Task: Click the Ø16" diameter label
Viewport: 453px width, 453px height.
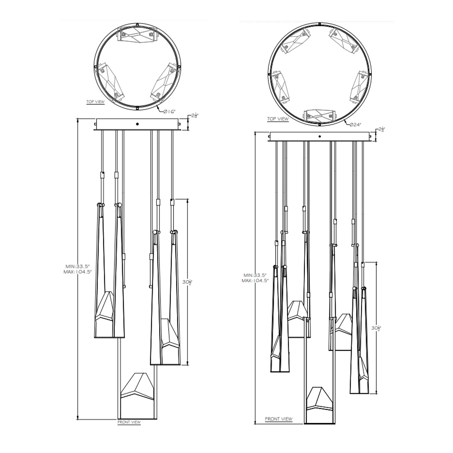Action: (x=169, y=111)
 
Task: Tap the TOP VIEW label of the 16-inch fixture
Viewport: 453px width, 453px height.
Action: (x=95, y=102)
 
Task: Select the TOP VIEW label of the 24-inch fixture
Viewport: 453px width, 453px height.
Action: (x=278, y=119)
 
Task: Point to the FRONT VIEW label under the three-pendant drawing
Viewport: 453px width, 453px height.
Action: (x=129, y=422)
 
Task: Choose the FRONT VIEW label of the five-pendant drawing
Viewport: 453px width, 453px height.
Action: (x=279, y=419)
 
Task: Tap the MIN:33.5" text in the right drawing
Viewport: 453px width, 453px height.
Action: (x=255, y=275)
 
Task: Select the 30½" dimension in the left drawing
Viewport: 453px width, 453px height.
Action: (x=187, y=282)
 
